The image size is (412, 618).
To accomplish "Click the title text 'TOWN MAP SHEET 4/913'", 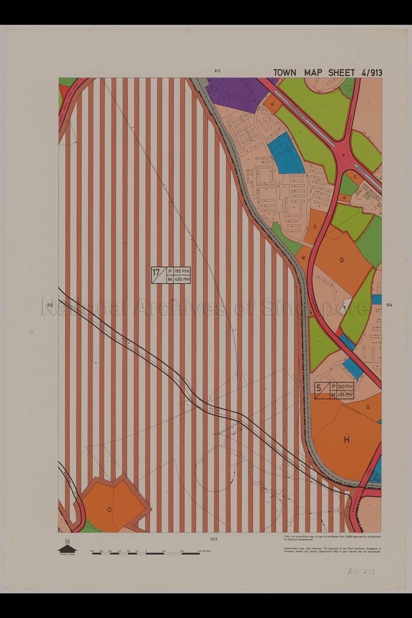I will click(328, 72).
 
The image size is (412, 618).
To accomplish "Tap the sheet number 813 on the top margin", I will click(217, 71).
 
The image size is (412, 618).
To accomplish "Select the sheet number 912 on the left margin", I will click(50, 305).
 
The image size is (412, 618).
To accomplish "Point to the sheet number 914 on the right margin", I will click(389, 305).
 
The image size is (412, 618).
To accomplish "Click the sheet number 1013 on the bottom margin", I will click(213, 539).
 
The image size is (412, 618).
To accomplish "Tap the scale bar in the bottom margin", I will click(146, 554).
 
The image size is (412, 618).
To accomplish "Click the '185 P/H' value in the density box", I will click(182, 271).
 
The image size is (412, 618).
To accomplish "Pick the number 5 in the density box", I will click(319, 388).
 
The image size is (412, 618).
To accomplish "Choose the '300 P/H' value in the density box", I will click(345, 387).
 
